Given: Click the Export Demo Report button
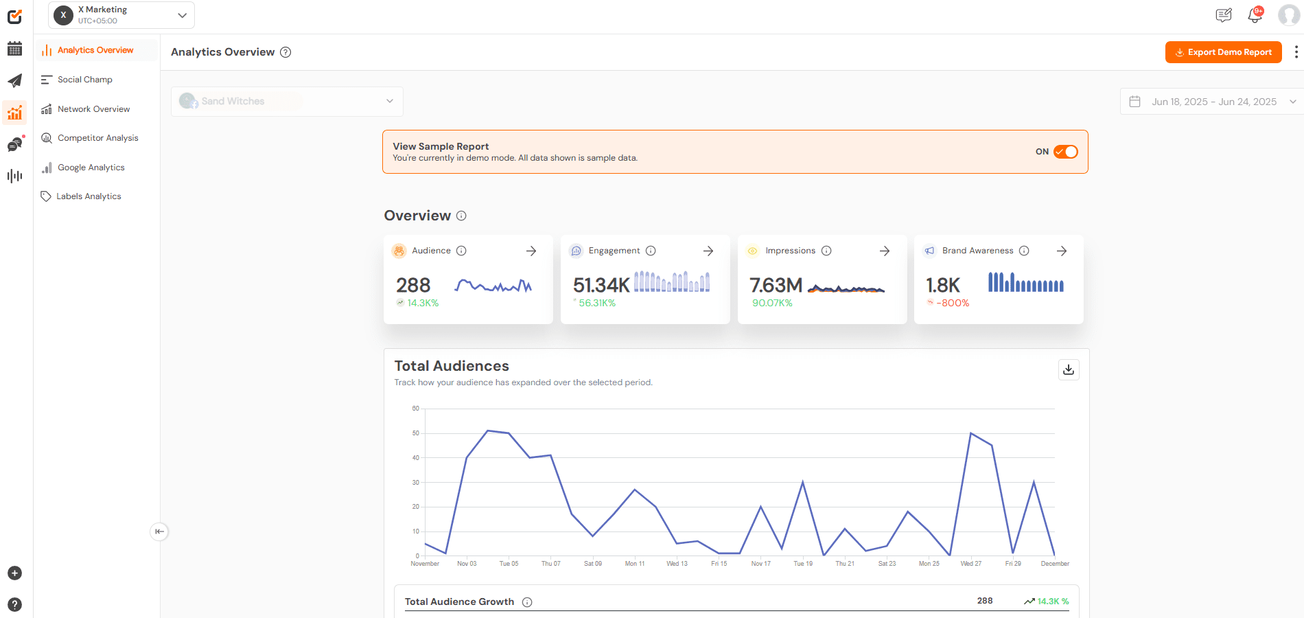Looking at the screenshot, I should click(1223, 52).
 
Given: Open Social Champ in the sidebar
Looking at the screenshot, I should click(84, 80).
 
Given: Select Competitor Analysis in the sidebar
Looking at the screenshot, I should click(97, 138).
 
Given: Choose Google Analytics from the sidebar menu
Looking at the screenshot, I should click(91, 168).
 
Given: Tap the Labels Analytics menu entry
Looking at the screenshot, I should click(89, 196).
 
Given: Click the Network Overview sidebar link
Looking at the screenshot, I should click(93, 109).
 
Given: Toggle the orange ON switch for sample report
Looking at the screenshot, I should click(1065, 152).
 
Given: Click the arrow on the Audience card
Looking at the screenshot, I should click(531, 251).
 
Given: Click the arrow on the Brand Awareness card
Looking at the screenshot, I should click(1062, 251).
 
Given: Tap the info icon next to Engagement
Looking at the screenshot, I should click(651, 251).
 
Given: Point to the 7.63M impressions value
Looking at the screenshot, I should click(776, 285).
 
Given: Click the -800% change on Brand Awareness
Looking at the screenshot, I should click(953, 303).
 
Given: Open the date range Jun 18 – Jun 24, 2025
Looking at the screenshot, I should click(1213, 102).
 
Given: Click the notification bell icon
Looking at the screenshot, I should click(1255, 15).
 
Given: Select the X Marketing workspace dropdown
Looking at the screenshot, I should click(121, 15).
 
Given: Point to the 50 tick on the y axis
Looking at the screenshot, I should click(416, 433).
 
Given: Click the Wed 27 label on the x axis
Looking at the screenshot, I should click(970, 564).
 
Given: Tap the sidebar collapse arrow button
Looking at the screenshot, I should click(159, 531).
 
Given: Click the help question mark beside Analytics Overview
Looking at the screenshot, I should click(286, 52).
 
